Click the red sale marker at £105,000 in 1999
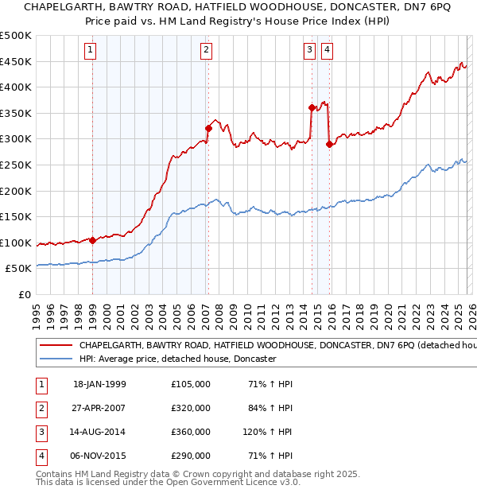(x=92, y=240)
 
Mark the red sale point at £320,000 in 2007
(x=208, y=128)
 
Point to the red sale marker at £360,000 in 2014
(x=312, y=107)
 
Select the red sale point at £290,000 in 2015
(x=329, y=144)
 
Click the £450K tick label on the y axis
(x=16, y=62)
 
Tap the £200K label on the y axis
(x=16, y=191)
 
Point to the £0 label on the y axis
(x=24, y=294)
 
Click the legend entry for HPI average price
(x=176, y=359)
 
